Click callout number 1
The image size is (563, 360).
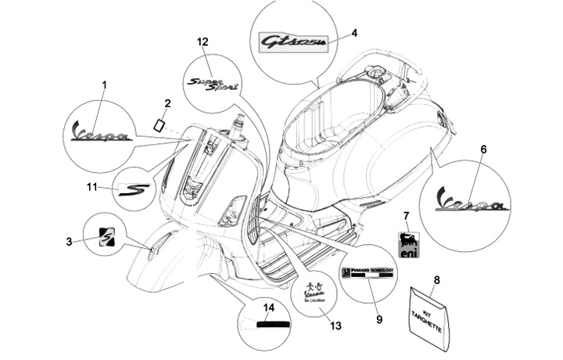pyautogui.click(x=104, y=84)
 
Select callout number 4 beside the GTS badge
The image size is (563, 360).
pyautogui.click(x=355, y=33)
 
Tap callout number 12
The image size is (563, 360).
pyautogui.click(x=203, y=41)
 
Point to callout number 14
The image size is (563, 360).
pyautogui.click(x=269, y=308)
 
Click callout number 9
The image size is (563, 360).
pyautogui.click(x=378, y=319)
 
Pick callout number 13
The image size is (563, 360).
pyautogui.click(x=336, y=324)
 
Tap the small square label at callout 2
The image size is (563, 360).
pyautogui.click(x=159, y=125)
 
